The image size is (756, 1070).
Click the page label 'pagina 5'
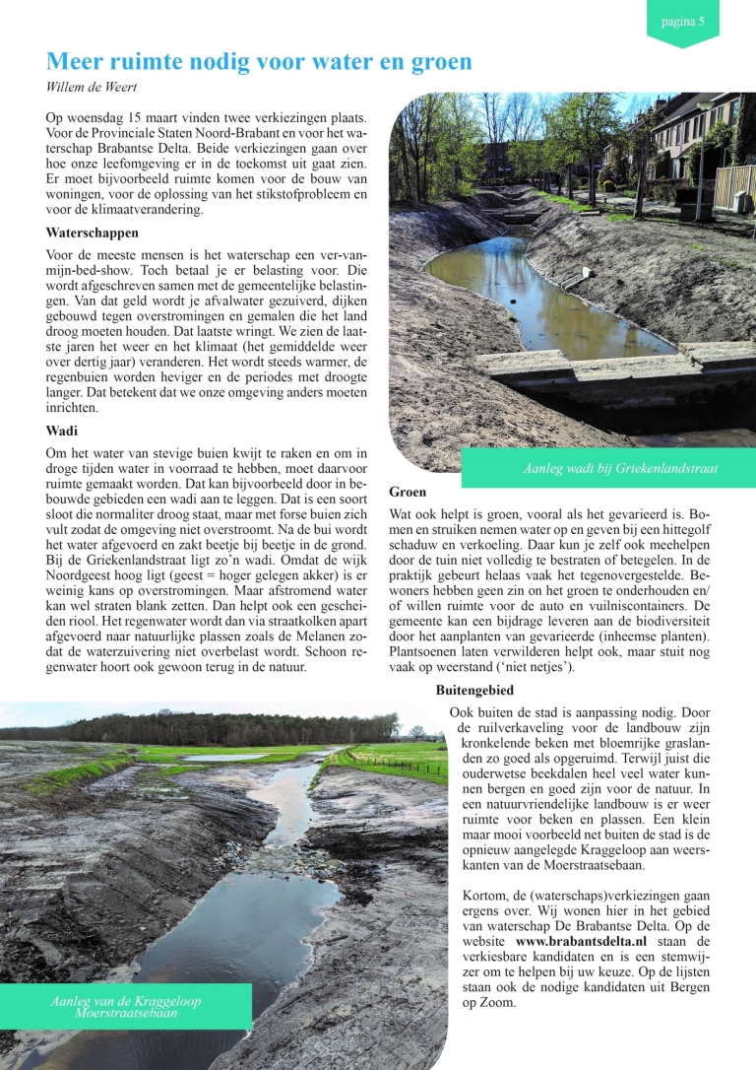coord(682,21)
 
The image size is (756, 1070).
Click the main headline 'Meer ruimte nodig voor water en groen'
coord(259,62)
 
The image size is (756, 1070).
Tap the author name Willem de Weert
coord(94,88)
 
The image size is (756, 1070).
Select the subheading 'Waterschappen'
coord(93,234)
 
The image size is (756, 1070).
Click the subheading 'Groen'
coord(408,492)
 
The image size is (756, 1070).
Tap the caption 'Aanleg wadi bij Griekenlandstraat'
coord(620,468)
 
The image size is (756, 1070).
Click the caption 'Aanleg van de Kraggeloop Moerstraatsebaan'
coord(126,1006)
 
